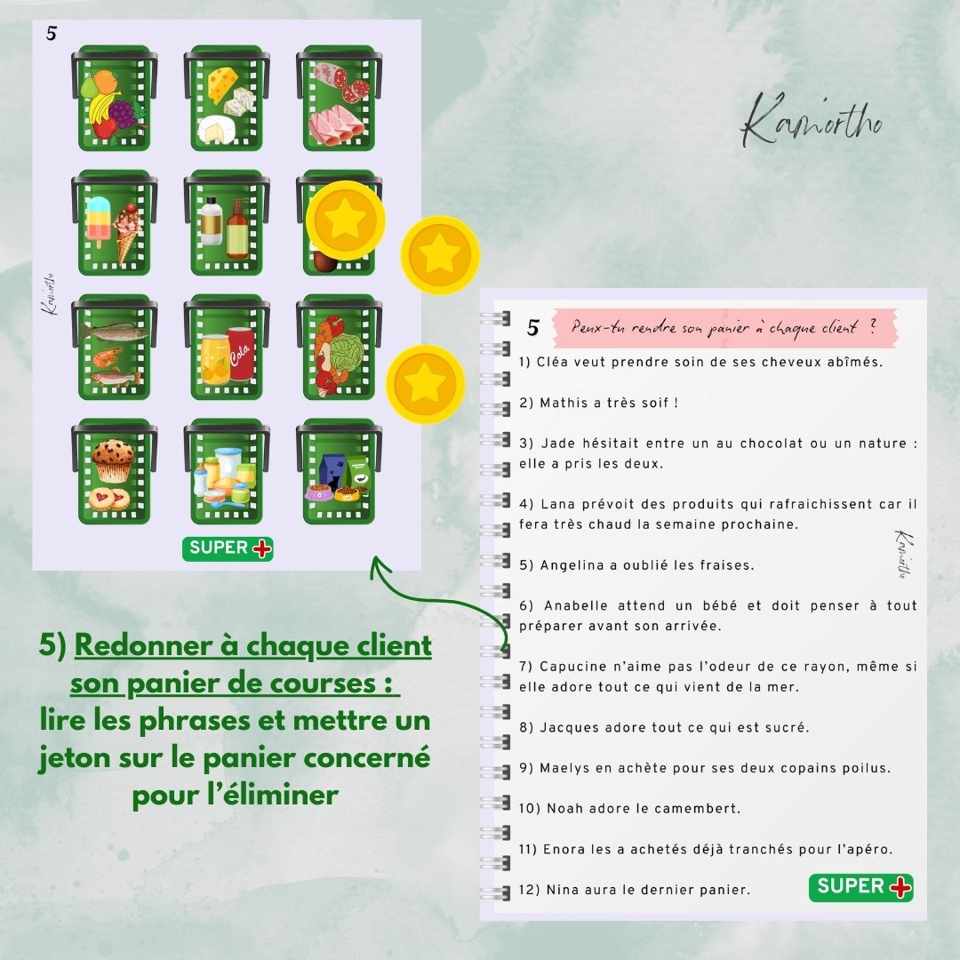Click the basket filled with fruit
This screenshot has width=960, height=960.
(115, 98)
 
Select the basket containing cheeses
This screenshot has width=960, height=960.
(227, 98)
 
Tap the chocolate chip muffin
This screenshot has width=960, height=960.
(113, 460)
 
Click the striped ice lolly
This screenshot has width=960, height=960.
(99, 221)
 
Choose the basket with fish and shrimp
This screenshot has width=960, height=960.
(115, 348)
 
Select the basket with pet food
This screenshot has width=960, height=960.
(340, 471)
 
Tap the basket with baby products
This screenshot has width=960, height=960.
(227, 471)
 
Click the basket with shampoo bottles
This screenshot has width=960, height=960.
(227, 222)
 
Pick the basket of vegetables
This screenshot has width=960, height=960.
(340, 348)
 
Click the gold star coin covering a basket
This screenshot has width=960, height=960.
(345, 220)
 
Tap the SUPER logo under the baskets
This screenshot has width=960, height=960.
(228, 548)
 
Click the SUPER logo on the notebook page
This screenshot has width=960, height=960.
(860, 888)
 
